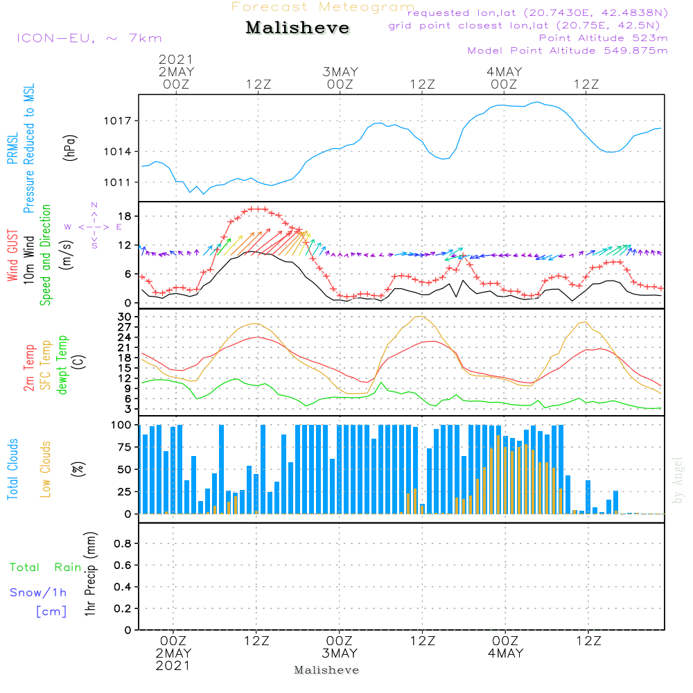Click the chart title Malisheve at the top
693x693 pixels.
click(x=297, y=28)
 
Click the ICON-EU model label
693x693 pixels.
click(x=89, y=38)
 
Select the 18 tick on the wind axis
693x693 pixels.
click(x=125, y=217)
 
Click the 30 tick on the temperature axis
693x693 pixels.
click(x=125, y=317)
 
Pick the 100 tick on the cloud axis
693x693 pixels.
click(x=121, y=425)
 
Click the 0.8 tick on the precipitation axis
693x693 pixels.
click(x=123, y=543)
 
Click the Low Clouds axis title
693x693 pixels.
click(x=46, y=469)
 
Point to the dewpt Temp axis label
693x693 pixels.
click(x=63, y=365)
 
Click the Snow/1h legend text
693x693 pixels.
click(x=39, y=593)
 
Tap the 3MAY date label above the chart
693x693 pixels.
click(x=340, y=71)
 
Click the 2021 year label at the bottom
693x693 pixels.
click(x=173, y=666)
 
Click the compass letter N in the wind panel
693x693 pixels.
click(x=94, y=205)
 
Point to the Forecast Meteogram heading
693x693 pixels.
click(x=323, y=7)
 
